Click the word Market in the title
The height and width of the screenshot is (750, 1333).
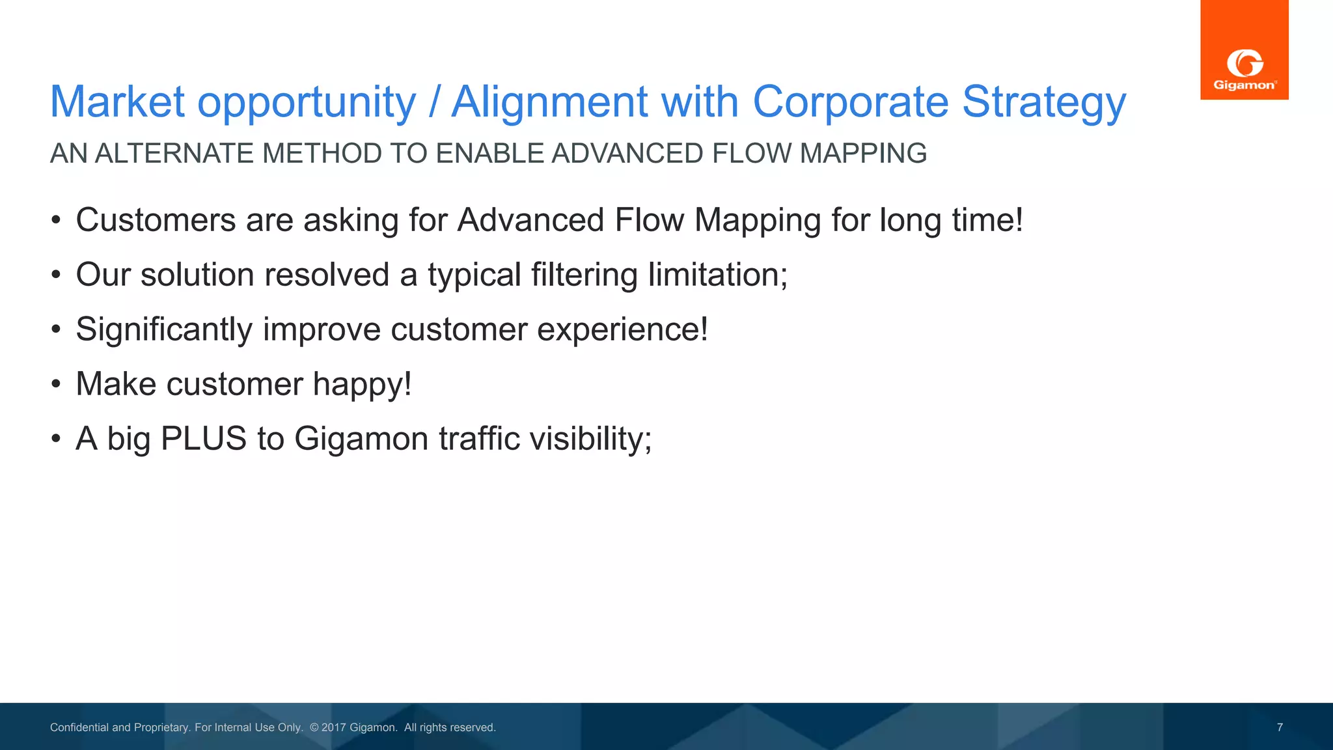pyautogui.click(x=117, y=102)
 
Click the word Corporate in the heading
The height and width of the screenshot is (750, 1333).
pyautogui.click(x=850, y=102)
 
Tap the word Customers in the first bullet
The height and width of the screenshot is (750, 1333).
pyautogui.click(x=156, y=220)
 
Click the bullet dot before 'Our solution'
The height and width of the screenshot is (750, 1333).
pyautogui.click(x=56, y=275)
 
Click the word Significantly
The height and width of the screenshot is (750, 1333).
pyautogui.click(x=163, y=329)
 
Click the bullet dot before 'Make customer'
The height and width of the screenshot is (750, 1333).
pyautogui.click(x=56, y=384)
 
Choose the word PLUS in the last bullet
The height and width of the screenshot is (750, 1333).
pyautogui.click(x=203, y=438)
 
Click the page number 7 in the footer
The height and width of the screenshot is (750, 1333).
pyautogui.click(x=1280, y=727)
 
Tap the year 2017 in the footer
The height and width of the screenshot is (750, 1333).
pyautogui.click(x=333, y=727)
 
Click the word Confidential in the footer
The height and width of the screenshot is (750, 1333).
pyautogui.click(x=79, y=727)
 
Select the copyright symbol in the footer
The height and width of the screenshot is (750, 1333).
pyautogui.click(x=314, y=727)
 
